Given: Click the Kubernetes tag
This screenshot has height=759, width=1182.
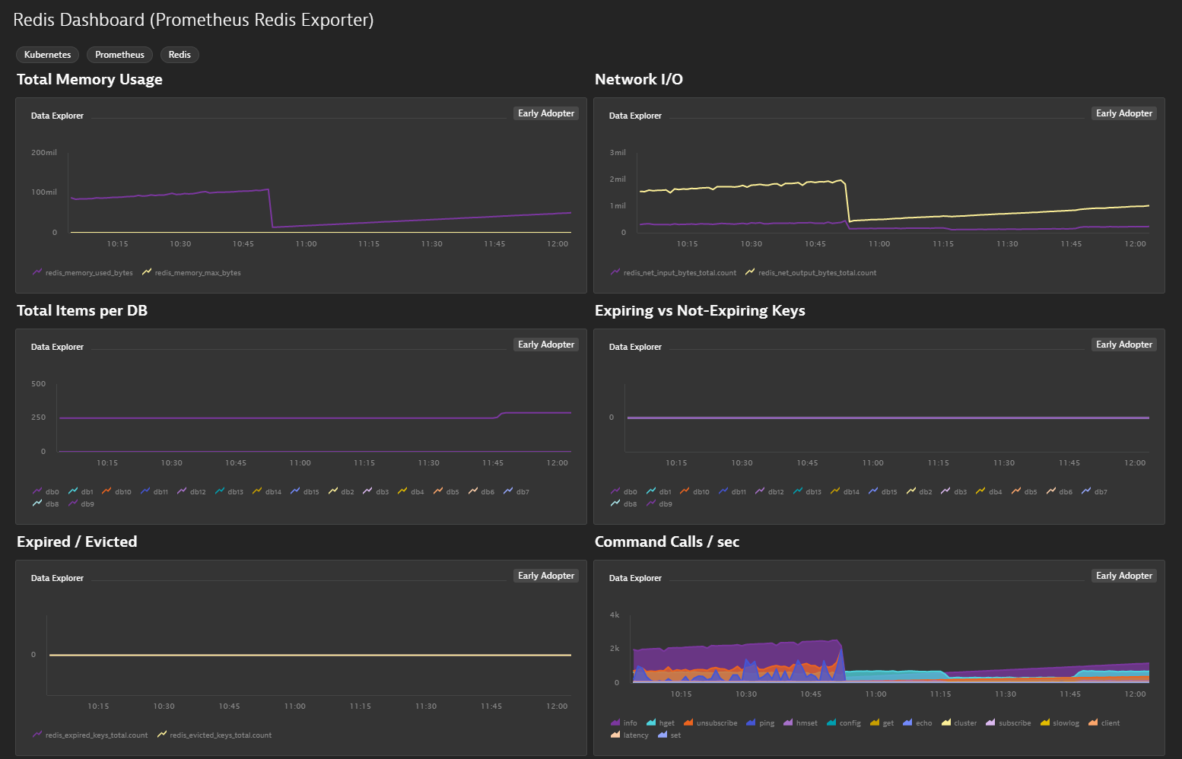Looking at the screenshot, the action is pos(47,55).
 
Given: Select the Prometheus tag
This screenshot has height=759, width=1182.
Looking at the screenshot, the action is pos(119,55).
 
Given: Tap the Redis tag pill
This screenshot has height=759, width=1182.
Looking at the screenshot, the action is pos(180,55).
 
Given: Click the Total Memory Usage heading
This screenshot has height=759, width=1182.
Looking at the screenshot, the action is pos(90,79).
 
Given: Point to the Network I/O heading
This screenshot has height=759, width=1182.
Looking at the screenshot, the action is pos(638,79).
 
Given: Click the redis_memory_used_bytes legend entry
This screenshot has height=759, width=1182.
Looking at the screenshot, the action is pos(83,273).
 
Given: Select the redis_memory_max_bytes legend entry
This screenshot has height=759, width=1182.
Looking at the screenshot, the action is pos(192,273).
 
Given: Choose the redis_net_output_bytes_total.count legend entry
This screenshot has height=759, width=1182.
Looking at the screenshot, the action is pos(811,273).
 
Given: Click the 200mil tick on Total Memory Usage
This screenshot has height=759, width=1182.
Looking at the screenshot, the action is pos(44,152).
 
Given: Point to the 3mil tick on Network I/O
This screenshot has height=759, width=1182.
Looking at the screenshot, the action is pos(618,152).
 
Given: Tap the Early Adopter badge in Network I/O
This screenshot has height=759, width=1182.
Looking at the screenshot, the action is pos(1124,113).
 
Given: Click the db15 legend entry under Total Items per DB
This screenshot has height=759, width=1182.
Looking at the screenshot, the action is pos(305,491).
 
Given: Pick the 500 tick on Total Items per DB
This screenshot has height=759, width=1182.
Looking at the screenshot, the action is pos(39,384).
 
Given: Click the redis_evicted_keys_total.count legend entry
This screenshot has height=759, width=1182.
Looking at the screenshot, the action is pos(214,735).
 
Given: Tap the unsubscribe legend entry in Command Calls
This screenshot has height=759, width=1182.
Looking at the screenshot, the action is pos(710,723).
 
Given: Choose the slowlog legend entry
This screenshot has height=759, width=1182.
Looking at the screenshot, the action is pos(1060,723).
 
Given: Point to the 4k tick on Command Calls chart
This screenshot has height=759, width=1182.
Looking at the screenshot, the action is pos(615,615).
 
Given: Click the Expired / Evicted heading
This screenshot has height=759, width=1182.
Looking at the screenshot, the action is pos(77,541).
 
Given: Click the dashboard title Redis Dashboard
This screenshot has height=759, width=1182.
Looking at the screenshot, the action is pos(78,20).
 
